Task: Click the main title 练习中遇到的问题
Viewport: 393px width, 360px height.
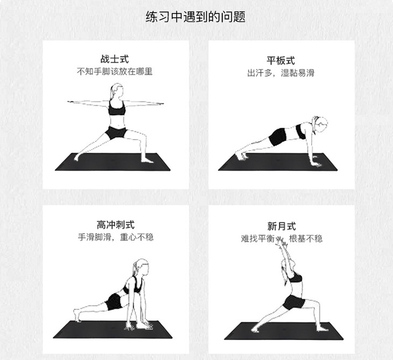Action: point(195,17)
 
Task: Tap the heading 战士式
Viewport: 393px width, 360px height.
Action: point(115,59)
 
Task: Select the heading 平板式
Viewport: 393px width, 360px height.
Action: point(280,61)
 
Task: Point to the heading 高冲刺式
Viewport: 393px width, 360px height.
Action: point(116,225)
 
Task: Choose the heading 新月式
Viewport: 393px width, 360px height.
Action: point(282,226)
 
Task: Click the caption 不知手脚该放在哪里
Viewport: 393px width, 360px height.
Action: point(115,72)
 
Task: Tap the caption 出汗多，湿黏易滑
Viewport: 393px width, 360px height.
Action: point(280,73)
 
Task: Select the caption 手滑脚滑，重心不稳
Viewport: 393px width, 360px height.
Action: point(116,237)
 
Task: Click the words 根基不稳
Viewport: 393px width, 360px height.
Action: point(306,239)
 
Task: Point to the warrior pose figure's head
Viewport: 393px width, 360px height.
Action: point(116,91)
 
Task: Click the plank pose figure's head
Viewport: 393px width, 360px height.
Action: point(320,124)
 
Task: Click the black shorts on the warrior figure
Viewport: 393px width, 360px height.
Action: point(116,133)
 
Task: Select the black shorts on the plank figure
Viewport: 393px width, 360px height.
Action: point(278,137)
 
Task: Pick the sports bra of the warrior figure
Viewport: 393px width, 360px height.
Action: point(117,108)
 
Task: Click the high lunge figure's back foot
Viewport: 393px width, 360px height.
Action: point(77,316)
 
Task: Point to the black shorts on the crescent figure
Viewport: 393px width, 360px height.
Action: point(294,302)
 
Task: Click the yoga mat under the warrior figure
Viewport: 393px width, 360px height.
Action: point(113,162)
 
